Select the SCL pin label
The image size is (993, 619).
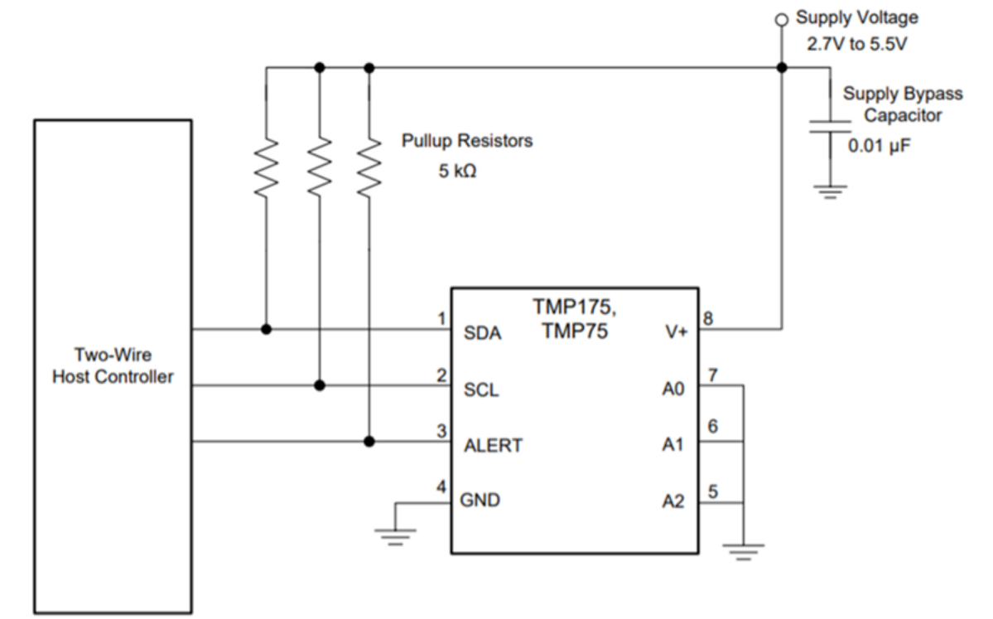click(x=480, y=389)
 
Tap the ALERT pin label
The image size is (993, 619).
click(x=492, y=445)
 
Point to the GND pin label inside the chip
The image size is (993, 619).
click(x=481, y=500)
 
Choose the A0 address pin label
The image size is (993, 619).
click(x=672, y=389)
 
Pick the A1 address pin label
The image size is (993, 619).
click(x=672, y=445)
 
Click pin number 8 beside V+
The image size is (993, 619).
click(x=709, y=318)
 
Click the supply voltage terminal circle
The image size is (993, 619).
click(x=780, y=17)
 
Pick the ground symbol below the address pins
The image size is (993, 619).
click(x=744, y=549)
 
